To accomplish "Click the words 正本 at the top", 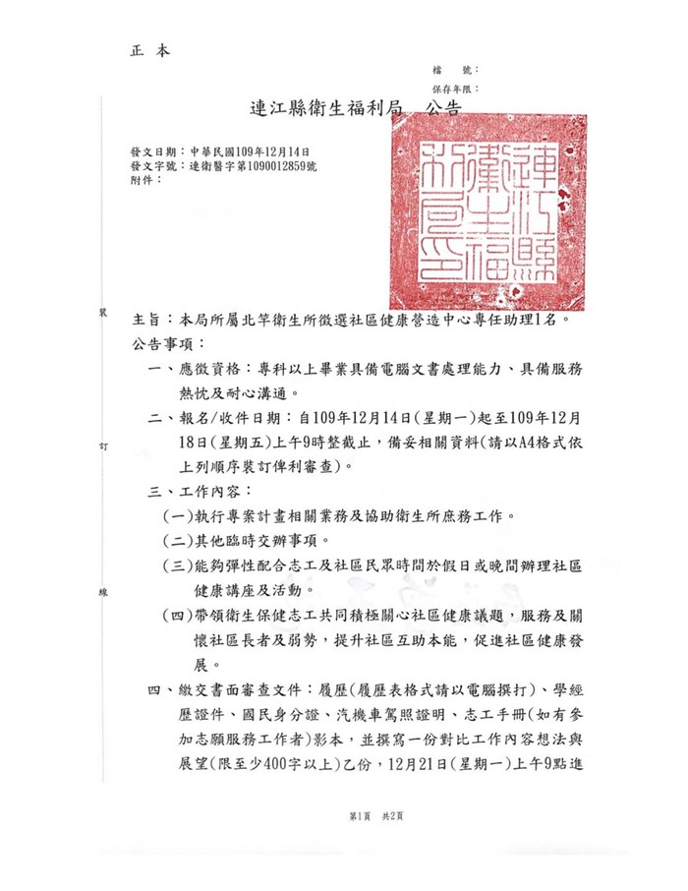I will pyautogui.click(x=149, y=49).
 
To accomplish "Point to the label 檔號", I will pyautogui.click(x=455, y=71).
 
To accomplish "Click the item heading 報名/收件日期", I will pyautogui.click(x=231, y=417).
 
